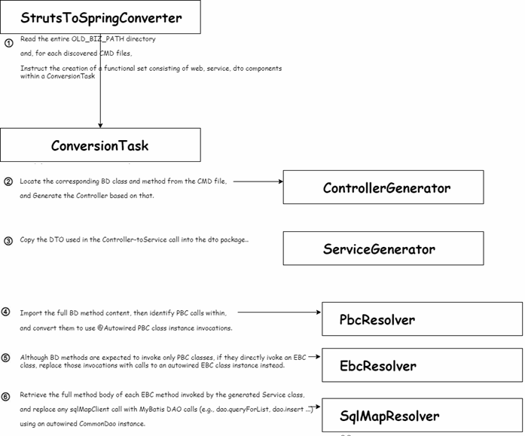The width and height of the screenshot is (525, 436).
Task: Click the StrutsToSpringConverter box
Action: [100, 17]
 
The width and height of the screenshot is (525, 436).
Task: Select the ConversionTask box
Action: [100, 145]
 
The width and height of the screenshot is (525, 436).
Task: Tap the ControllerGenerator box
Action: [383, 187]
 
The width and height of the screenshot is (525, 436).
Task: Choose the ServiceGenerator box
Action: [383, 248]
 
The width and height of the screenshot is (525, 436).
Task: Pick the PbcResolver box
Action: [423, 319]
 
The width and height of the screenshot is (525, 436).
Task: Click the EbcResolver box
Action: [423, 365]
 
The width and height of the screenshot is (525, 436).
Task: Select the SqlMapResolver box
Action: [423, 415]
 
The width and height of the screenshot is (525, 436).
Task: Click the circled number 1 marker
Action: [9, 43]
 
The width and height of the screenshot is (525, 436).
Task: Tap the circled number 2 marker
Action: [8, 181]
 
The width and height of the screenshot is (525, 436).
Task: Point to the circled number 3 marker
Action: [8, 240]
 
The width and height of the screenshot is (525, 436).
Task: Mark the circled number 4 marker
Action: [6, 312]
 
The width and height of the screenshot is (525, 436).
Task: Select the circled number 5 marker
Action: [6, 358]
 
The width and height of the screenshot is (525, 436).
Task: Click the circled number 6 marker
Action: [6, 397]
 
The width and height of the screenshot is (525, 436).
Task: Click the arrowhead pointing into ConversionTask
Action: [100, 126]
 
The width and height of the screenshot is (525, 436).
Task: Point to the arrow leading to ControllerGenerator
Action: [258, 181]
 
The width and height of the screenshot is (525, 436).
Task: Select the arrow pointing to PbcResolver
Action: [279, 313]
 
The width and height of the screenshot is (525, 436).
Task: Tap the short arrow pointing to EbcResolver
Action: [314, 357]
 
